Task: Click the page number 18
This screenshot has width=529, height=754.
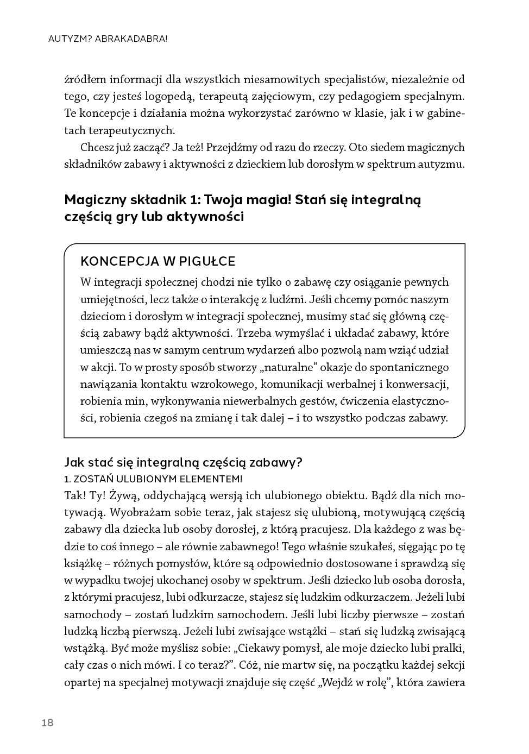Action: pyautogui.click(x=47, y=722)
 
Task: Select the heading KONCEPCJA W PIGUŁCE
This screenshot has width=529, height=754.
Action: pyautogui.click(x=158, y=261)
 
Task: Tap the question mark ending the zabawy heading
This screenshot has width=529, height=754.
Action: pyautogui.click(x=299, y=463)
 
